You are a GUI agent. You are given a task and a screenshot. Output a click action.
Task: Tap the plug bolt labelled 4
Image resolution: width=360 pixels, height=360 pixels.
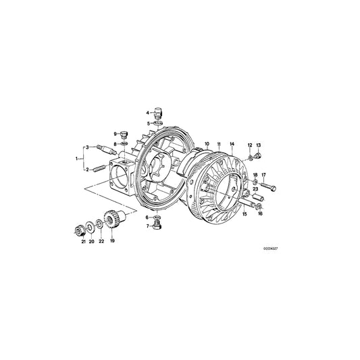[x=158, y=112]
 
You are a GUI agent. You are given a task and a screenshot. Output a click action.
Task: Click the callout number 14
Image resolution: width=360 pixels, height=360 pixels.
[x=231, y=144]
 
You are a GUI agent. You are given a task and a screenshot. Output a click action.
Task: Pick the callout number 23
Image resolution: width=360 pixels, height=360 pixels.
[x=255, y=188]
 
